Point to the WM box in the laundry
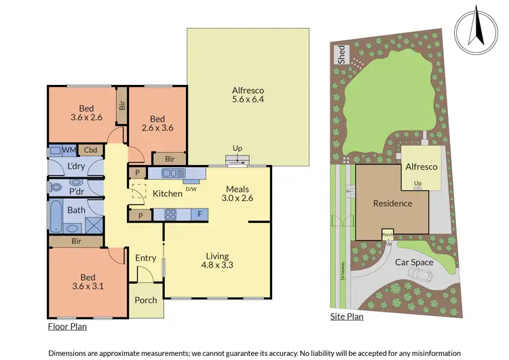click(x=69, y=150)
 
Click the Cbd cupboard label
click(x=90, y=150)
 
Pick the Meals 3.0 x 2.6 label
click(x=238, y=194)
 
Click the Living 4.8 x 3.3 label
click(x=219, y=261)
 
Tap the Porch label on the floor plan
click(x=146, y=300)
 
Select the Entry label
click(x=145, y=258)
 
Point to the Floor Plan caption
click(x=67, y=327)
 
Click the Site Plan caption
click(x=346, y=316)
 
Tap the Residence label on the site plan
click(x=392, y=203)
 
